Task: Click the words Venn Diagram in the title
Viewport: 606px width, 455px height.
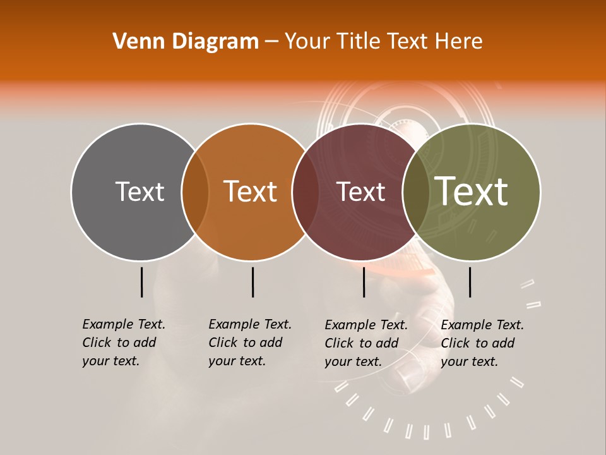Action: point(186,42)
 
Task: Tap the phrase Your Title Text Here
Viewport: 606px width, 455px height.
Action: point(383,42)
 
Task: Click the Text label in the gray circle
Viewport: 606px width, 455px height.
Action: point(140,191)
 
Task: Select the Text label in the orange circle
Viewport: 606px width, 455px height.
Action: point(251,191)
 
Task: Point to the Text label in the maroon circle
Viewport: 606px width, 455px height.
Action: point(361,191)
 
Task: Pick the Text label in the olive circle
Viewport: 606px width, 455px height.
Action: point(472,191)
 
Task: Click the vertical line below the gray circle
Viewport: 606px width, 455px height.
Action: point(141,282)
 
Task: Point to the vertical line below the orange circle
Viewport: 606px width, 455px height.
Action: point(252,282)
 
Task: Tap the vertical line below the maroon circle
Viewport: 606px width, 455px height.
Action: point(364,282)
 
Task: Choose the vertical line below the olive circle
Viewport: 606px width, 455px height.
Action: point(470,282)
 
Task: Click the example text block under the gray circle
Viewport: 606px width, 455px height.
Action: point(123,343)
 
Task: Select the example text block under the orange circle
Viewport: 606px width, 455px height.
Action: point(249,343)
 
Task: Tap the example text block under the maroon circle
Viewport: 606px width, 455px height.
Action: point(365,343)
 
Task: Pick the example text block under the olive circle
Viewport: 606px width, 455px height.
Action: point(482,343)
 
